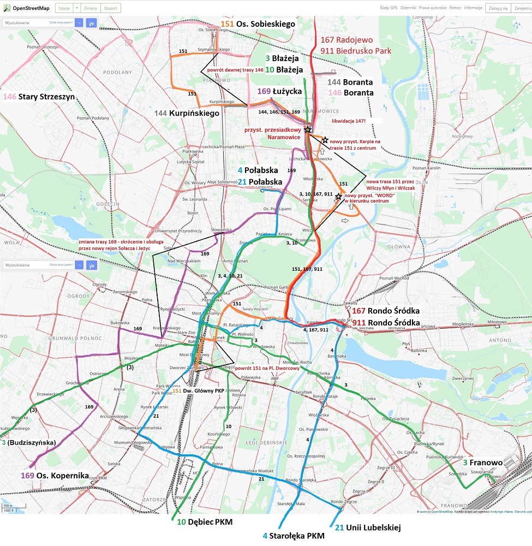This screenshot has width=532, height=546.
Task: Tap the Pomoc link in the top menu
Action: (455, 8)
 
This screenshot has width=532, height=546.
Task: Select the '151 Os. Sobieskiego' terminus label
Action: (258, 24)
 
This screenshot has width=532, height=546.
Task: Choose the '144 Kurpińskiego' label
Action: (187, 113)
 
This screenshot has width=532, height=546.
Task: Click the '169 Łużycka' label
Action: (279, 91)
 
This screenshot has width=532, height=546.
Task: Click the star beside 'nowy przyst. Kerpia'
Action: (325, 140)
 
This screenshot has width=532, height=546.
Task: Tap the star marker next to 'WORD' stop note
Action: (338, 197)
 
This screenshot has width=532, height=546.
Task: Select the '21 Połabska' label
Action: (260, 182)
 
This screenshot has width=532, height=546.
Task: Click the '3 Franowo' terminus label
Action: (482, 462)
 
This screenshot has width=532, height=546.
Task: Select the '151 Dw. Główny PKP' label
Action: (199, 391)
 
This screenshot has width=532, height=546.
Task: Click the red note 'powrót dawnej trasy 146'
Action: (235, 70)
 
